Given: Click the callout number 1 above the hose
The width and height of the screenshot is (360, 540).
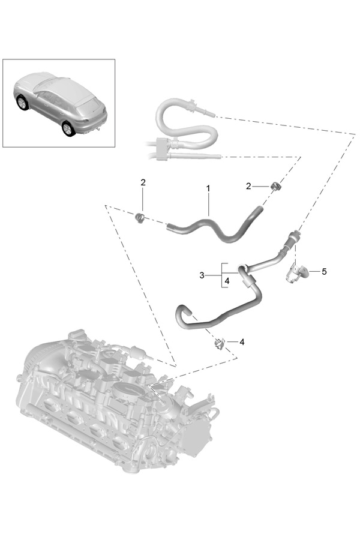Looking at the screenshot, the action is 208,189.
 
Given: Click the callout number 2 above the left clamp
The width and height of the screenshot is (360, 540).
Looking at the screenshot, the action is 143,182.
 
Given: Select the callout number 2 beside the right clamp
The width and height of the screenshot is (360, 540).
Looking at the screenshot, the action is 248,187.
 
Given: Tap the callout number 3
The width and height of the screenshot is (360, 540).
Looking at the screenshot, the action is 202,275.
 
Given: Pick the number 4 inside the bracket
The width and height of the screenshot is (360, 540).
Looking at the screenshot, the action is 227,281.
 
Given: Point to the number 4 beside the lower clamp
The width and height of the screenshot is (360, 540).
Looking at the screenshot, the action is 242,342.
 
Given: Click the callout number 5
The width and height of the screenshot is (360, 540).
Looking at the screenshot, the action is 324,271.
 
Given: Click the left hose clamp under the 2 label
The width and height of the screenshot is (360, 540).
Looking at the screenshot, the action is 140,217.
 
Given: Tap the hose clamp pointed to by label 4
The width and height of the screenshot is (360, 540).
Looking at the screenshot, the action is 220,343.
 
